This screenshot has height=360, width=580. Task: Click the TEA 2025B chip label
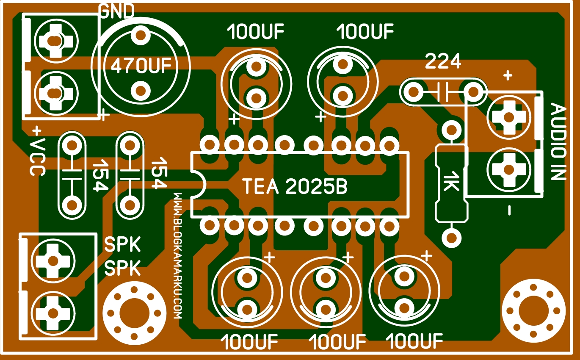[295, 186]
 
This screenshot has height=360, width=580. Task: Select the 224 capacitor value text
[443, 62]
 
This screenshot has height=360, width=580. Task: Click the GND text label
[116, 11]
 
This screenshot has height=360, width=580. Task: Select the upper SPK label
[122, 245]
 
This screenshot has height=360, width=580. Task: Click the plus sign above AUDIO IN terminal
[508, 76]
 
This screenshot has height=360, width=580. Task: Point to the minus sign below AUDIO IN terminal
[509, 210]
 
